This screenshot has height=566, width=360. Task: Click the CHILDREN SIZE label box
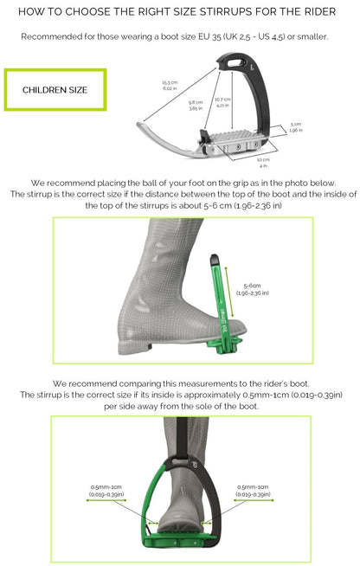tap(55, 89)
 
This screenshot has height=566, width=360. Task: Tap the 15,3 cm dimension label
tap(169, 85)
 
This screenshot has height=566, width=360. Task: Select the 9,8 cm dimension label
tap(196, 105)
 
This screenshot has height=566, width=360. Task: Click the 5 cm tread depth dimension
tap(297, 127)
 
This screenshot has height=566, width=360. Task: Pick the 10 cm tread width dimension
tap(263, 163)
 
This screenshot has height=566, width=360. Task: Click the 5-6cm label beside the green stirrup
tap(251, 289)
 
